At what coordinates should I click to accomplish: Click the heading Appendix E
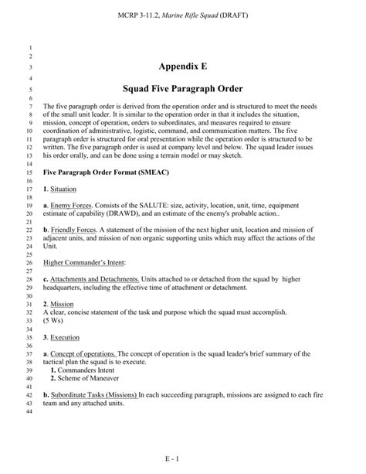182,67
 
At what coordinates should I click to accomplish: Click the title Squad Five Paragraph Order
182,89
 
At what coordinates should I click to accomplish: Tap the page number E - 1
183,459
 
